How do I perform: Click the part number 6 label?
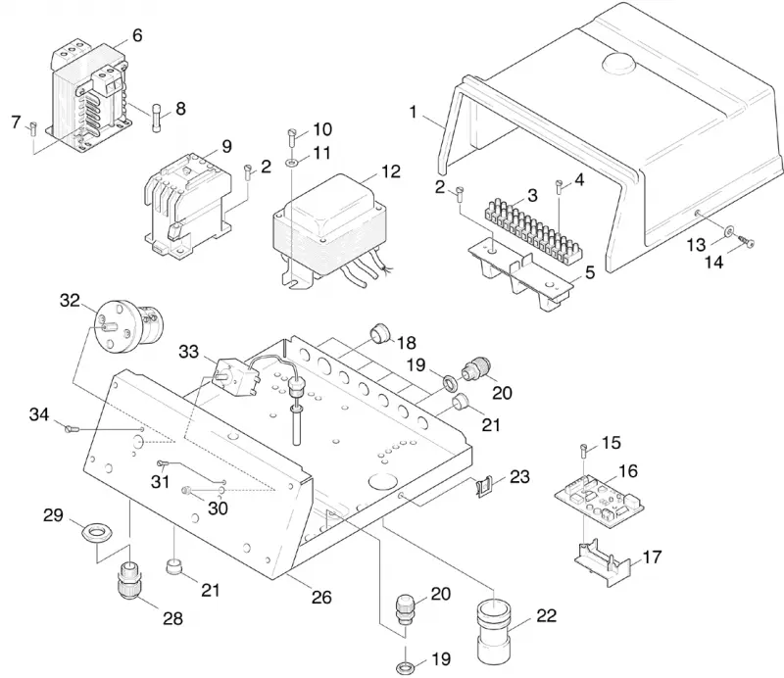pos(137,35)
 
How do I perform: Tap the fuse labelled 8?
pos(156,118)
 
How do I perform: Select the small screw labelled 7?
pos(33,128)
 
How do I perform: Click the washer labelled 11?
pos(291,162)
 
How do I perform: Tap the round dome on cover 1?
pos(619,63)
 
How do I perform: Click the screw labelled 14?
pos(747,243)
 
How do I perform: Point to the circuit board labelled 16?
pos(599,501)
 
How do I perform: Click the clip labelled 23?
pos(482,487)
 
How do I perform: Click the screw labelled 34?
pos(72,428)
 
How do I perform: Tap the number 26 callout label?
pos(321,597)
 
